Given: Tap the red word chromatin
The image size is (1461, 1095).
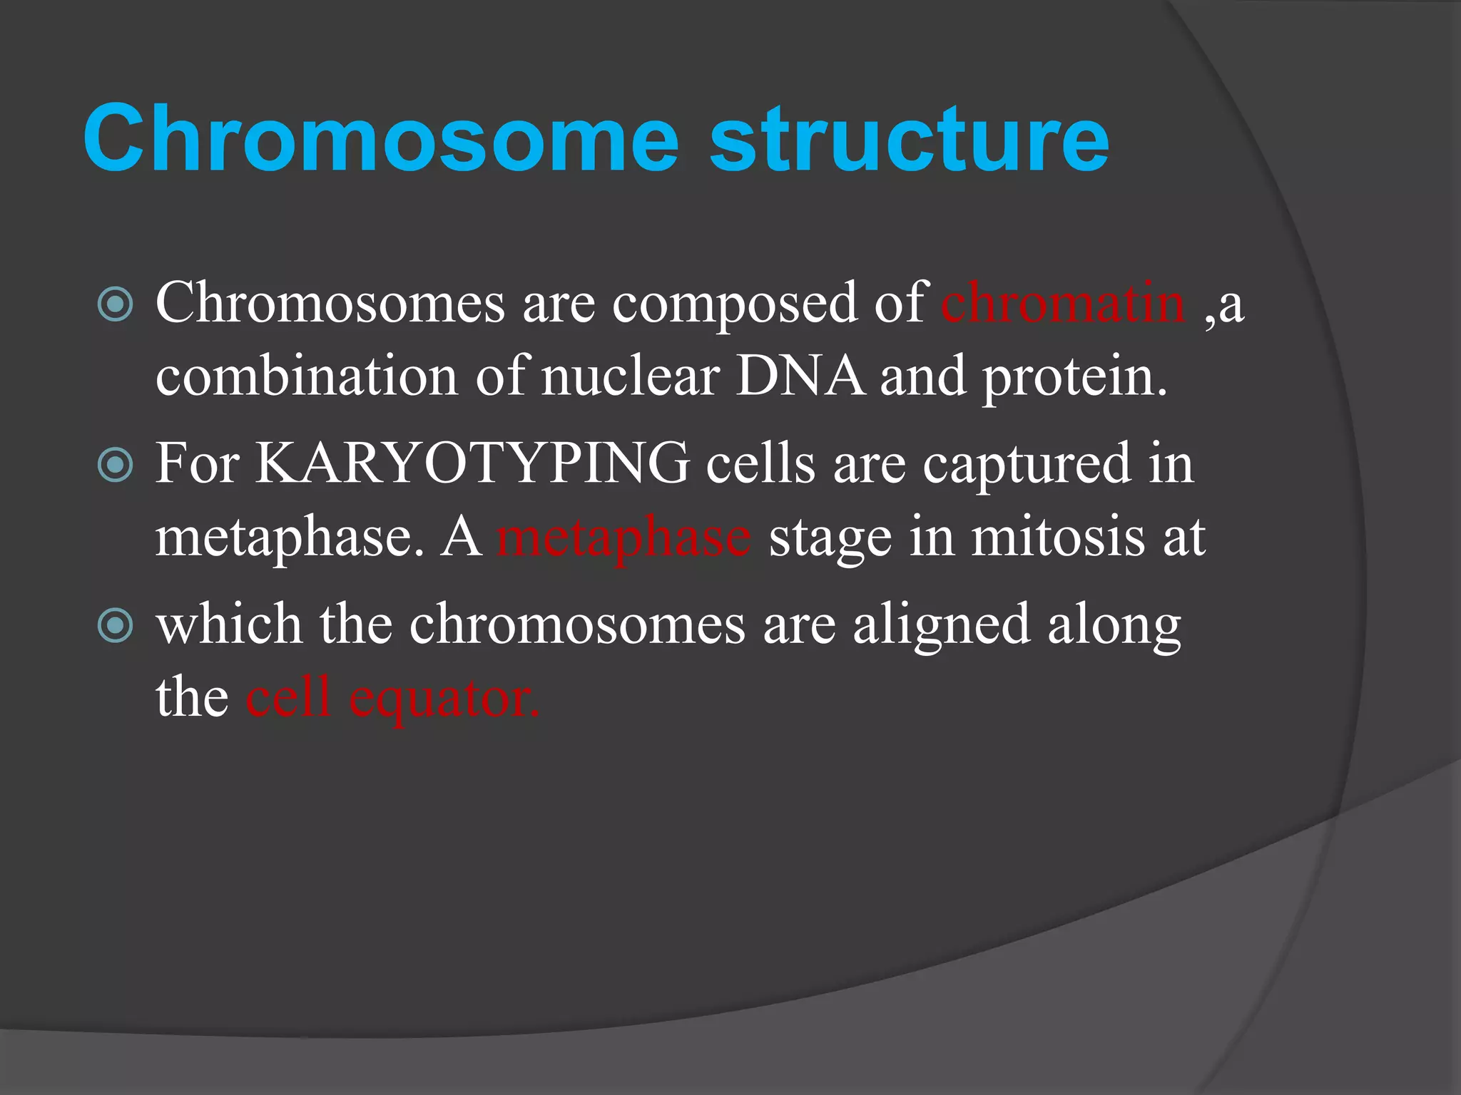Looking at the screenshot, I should pos(1063,303).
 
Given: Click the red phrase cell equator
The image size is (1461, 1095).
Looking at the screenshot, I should pos(392,697).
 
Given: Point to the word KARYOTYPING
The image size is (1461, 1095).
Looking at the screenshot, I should pos(472,463).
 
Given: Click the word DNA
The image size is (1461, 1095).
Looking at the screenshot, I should pos(799,376).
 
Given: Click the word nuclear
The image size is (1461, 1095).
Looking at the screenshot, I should pos(630,376).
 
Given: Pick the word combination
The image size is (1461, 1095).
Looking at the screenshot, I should pos(307,376).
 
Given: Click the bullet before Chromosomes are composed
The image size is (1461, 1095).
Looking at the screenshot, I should pos(115,305).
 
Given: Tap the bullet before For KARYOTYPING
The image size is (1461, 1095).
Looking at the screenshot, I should pos(115,465).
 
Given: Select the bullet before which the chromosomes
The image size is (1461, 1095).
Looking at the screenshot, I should pos(115,625).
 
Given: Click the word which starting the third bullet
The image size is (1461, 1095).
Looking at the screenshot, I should pos(229,624).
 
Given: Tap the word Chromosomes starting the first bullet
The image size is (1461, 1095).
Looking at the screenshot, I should pos(330,303).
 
